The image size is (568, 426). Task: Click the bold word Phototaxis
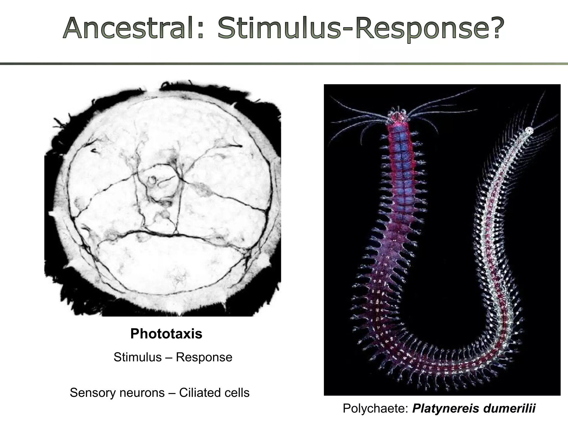pos(166,334)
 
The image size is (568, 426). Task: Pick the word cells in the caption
pos(237,393)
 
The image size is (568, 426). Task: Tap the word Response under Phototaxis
pos(204,357)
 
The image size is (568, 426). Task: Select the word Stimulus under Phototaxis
pos(138,357)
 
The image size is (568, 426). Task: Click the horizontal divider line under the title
pos(284,64)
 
